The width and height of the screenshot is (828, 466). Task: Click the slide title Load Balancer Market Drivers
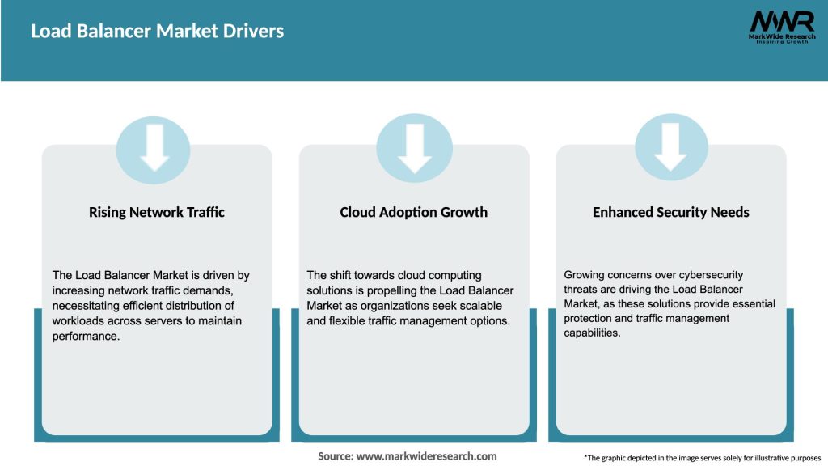click(157, 32)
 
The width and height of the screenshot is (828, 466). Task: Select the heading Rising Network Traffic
click(157, 212)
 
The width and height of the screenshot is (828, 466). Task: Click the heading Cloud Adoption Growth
click(413, 212)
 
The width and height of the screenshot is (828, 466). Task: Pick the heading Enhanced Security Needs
click(670, 212)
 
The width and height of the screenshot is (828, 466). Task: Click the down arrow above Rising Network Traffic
click(154, 146)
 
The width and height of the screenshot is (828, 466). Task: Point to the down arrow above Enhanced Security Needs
click(671, 146)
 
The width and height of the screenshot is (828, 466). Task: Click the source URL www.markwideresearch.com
click(426, 456)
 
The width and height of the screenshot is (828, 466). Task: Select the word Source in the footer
click(335, 456)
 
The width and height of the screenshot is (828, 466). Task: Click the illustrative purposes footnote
click(701, 458)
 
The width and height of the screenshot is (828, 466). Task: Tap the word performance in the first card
click(86, 336)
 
